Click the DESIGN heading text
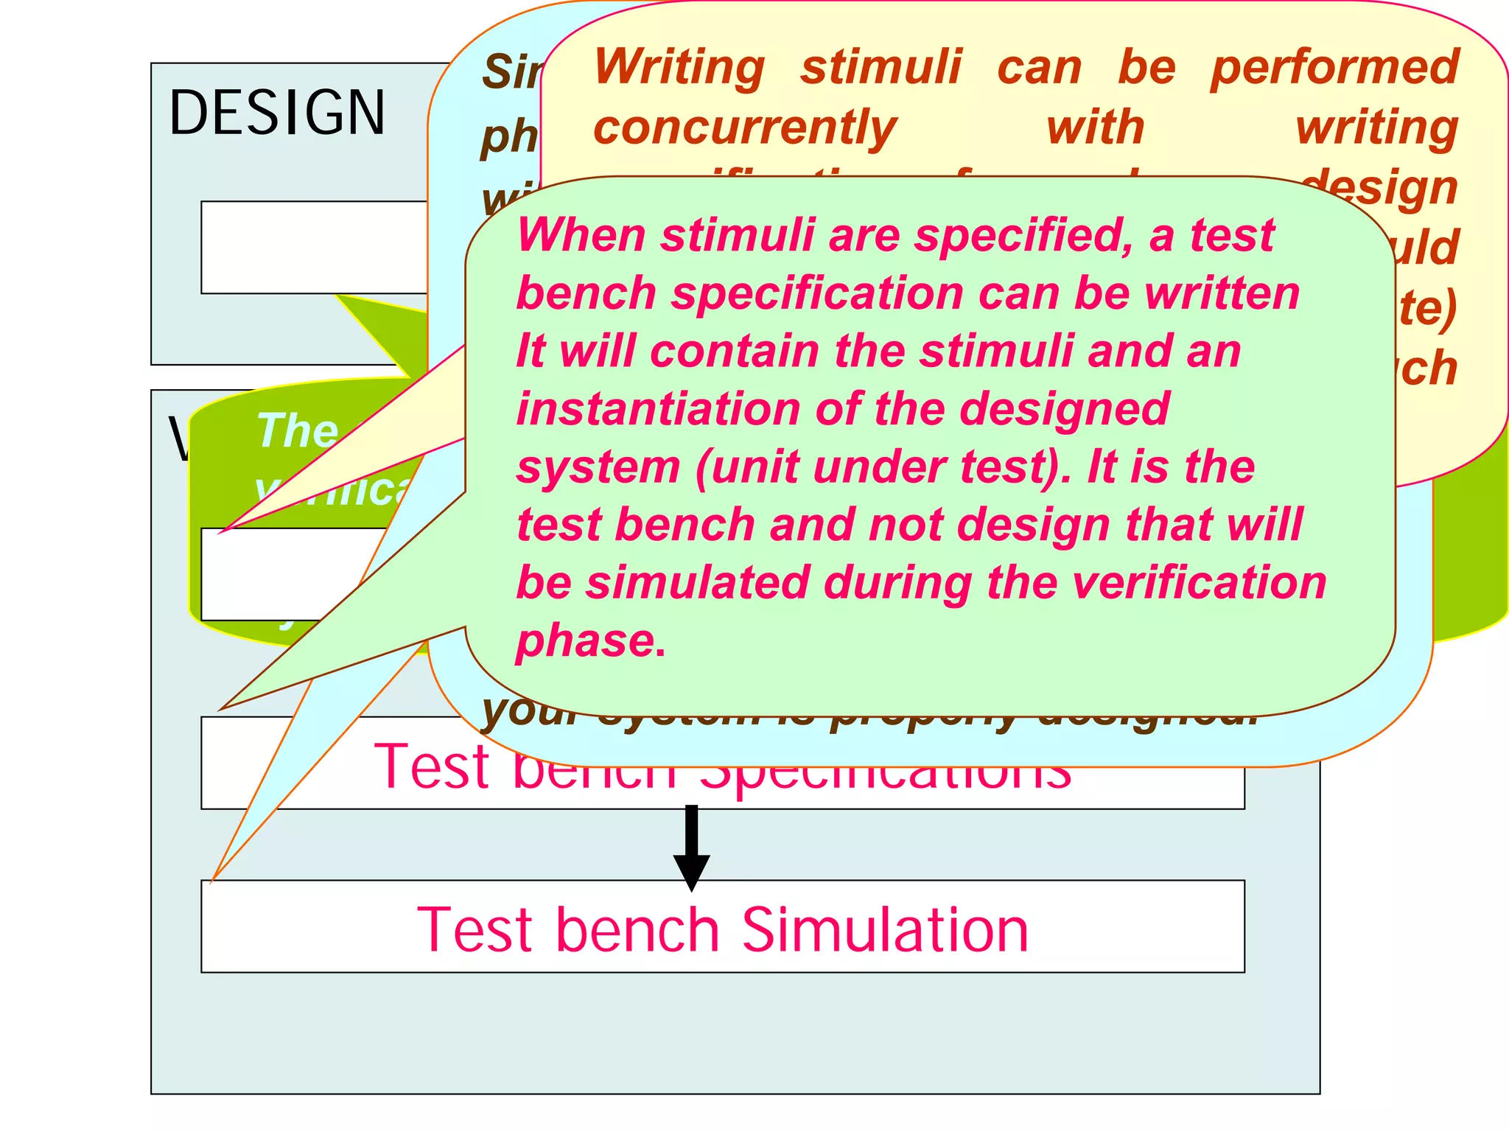[277, 113]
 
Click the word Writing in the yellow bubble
[679, 67]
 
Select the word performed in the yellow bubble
[1334, 67]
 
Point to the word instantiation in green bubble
[658, 409]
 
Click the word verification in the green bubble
[1199, 583]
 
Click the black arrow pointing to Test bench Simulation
[691, 848]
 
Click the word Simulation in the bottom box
[885, 930]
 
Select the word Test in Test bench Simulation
[476, 930]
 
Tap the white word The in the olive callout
[298, 431]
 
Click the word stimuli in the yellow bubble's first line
[881, 67]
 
